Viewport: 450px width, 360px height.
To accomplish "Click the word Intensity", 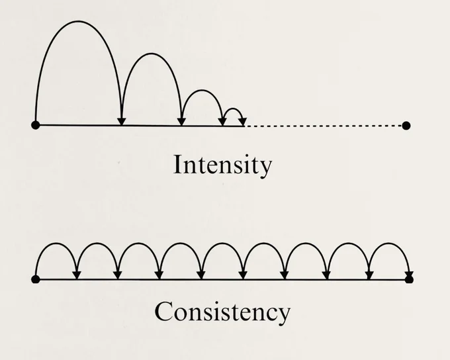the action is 223,165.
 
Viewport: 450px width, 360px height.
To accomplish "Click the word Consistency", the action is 222,312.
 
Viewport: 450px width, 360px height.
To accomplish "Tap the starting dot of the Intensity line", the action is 36,125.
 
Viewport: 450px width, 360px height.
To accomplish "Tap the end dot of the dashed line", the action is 406,126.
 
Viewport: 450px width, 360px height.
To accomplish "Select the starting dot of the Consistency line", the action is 36,279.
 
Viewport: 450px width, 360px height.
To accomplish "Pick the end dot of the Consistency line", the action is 409,279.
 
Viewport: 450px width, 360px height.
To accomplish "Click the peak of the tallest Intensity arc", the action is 78,21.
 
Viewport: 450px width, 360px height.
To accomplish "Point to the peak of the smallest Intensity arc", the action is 233,109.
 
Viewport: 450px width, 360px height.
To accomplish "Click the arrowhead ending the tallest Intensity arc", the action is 122,122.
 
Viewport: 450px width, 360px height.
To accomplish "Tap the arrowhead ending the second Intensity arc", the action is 181,122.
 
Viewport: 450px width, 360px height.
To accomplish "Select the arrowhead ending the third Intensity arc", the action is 223,122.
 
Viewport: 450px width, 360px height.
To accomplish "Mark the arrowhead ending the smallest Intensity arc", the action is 243,122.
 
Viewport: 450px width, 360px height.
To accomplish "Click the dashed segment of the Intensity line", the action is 324,126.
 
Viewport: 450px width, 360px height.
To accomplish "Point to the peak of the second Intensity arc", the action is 152,54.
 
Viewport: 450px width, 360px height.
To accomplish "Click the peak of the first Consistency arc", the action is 56,244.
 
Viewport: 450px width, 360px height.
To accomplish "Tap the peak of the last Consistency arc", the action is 389,244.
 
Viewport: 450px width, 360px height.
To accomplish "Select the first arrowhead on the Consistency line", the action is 77,275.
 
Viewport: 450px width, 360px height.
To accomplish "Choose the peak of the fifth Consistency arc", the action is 222,244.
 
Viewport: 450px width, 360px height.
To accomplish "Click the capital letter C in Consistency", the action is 163,311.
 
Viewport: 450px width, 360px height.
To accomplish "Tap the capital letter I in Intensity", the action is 177,164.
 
